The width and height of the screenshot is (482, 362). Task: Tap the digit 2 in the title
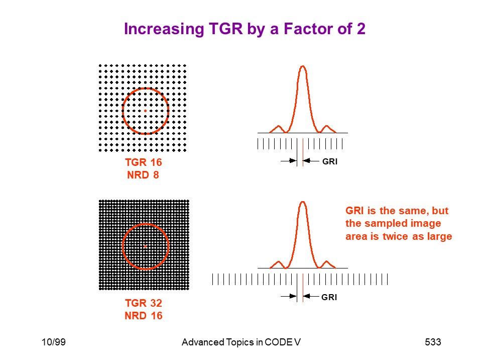click(361, 29)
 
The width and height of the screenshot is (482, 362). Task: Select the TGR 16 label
click(143, 162)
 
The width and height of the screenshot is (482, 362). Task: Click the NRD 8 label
click(143, 175)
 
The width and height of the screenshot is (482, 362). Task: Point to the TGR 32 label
click(144, 303)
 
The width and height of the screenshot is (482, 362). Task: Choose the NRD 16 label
click(144, 316)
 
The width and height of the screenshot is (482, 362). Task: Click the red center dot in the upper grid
click(146, 111)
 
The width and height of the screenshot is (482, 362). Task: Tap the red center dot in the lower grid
click(146, 246)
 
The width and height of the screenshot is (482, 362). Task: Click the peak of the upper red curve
click(303, 66)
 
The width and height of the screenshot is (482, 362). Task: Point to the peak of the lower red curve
click(303, 202)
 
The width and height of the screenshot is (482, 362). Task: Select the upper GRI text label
click(330, 161)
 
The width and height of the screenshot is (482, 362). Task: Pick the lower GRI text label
click(329, 297)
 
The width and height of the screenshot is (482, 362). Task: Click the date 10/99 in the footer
click(54, 342)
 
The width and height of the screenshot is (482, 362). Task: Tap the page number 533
click(433, 342)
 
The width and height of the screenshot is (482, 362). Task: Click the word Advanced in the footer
click(203, 342)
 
